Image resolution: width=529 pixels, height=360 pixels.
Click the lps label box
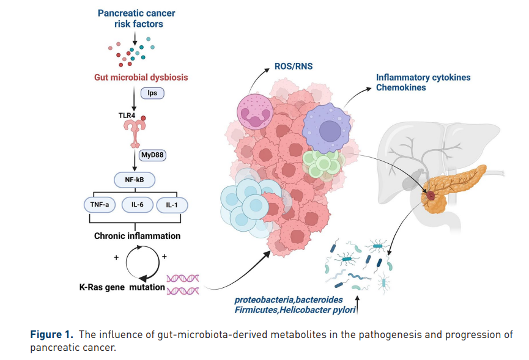[152, 94]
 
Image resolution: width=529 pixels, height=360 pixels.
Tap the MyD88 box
[153, 155]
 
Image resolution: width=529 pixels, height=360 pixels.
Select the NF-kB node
[134, 180]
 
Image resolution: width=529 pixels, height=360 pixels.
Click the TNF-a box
[100, 205]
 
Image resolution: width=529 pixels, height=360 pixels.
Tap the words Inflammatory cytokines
[423, 78]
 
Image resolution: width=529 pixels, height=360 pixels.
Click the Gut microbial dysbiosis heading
[141, 78]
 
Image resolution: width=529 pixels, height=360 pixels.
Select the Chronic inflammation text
[137, 235]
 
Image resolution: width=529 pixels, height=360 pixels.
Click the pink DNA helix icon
[184, 284]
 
